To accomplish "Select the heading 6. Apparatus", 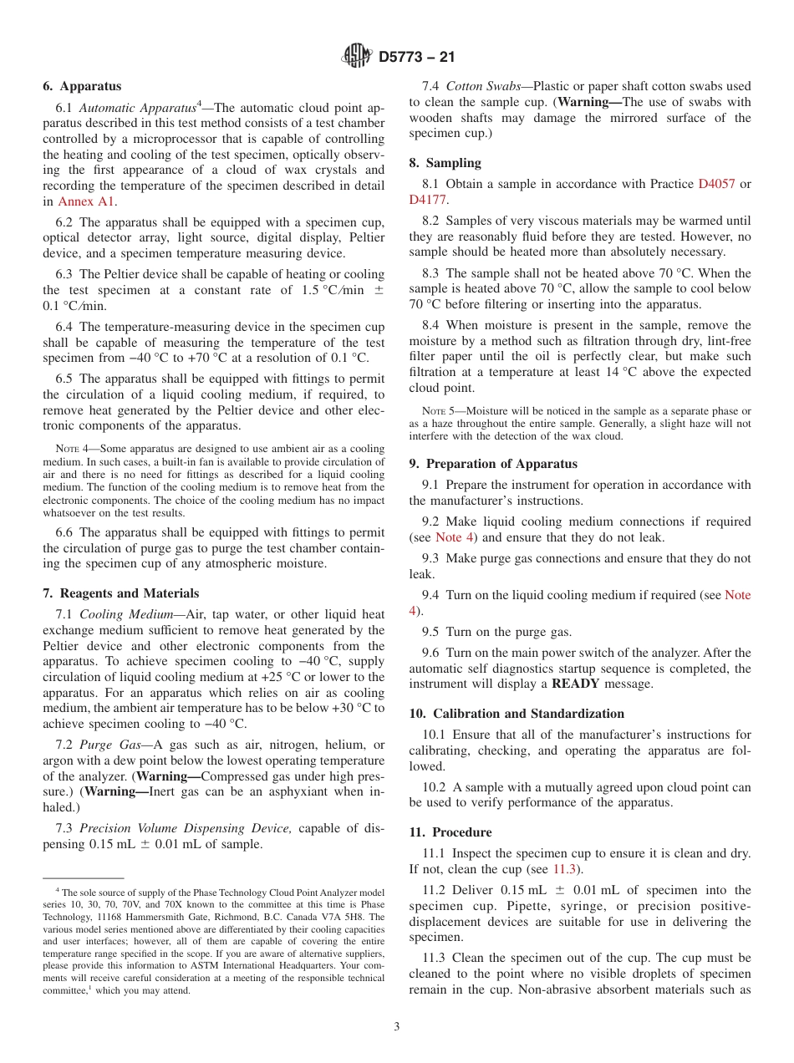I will click(82, 86).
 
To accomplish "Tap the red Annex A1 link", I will click(87, 201).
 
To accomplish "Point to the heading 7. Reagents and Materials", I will click(121, 593).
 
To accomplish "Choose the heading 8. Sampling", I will click(445, 163).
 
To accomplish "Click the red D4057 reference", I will click(716, 184).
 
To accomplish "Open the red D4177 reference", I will click(428, 200).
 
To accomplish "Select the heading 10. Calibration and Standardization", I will click(517, 714).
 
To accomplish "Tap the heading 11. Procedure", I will click(450, 832).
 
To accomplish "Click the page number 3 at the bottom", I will click(397, 1027).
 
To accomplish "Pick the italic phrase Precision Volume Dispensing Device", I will click(186, 828).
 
